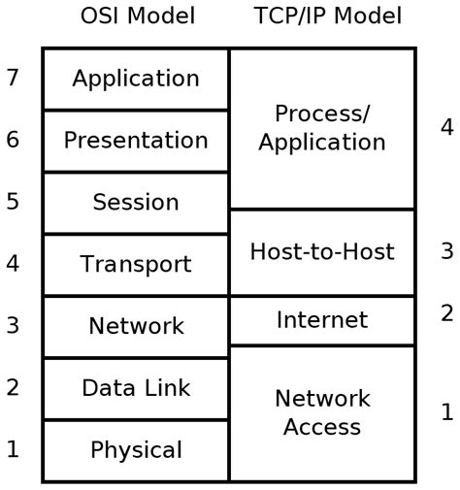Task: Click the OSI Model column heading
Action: (x=137, y=16)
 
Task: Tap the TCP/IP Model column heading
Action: (x=327, y=16)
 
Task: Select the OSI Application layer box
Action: (x=136, y=79)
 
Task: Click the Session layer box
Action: (x=136, y=203)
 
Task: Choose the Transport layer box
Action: (x=136, y=264)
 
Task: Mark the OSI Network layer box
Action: (x=136, y=326)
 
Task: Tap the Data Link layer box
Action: (x=136, y=388)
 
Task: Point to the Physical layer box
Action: (x=136, y=450)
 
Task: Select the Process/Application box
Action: (x=322, y=128)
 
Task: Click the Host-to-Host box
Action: (x=322, y=252)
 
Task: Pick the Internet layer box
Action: (x=322, y=320)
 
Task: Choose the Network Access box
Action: (x=322, y=412)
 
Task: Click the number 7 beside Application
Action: (x=13, y=78)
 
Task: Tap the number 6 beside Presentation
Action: (x=13, y=140)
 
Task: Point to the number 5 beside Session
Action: (x=13, y=202)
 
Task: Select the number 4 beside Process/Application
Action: (x=446, y=127)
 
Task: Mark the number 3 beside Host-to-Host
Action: (x=446, y=251)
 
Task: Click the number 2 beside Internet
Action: (x=446, y=312)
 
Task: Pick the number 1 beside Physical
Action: (x=13, y=449)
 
